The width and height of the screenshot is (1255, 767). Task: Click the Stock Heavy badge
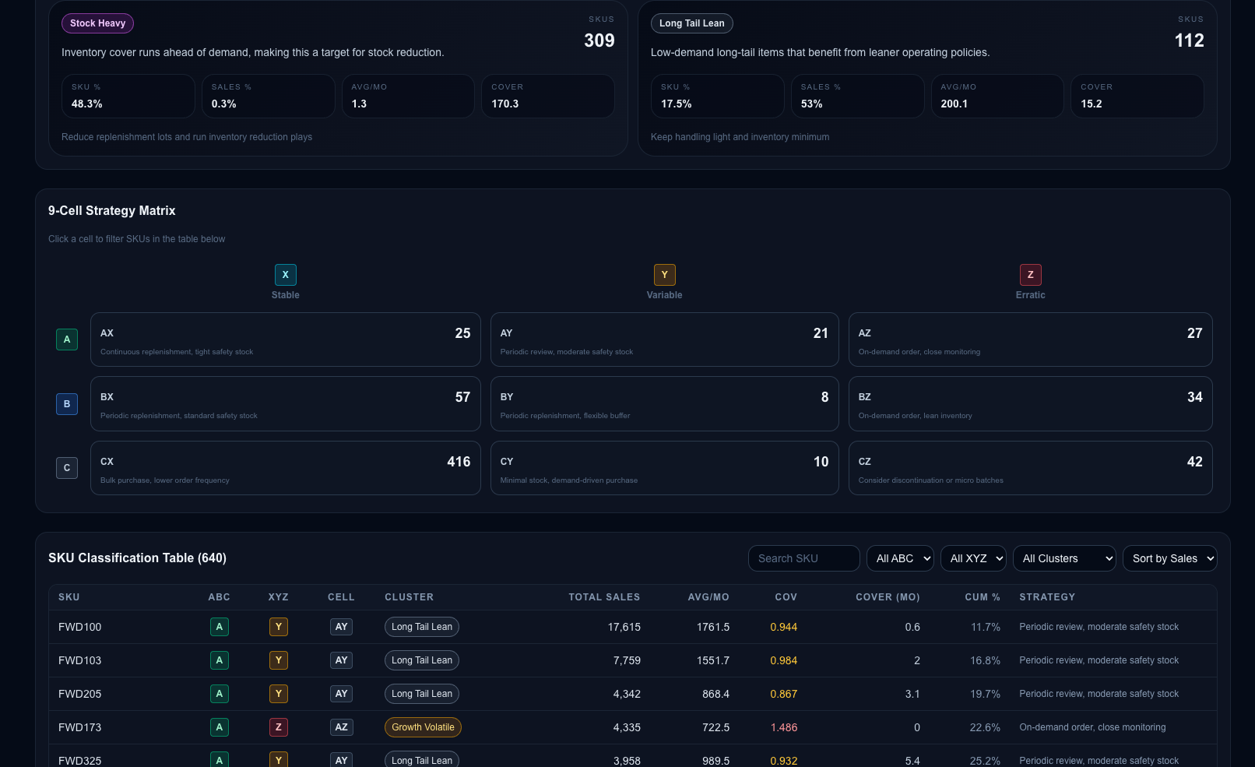tap(97, 23)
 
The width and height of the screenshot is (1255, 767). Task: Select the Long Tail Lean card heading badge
tap(692, 23)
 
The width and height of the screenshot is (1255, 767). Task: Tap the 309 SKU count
tap(599, 40)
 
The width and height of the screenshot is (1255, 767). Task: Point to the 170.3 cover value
tap(504, 104)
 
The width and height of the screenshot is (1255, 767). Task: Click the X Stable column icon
tap(285, 275)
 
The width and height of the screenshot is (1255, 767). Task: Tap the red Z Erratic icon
tap(1030, 275)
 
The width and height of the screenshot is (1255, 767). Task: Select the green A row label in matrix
tap(67, 340)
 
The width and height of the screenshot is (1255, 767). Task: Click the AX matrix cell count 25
tap(462, 333)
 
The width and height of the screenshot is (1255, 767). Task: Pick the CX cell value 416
tap(459, 462)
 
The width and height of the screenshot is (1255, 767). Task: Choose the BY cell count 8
tap(824, 397)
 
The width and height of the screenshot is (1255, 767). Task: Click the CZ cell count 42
tap(1194, 462)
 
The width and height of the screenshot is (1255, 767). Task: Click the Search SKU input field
tap(803, 558)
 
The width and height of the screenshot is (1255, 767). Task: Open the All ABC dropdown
tap(900, 558)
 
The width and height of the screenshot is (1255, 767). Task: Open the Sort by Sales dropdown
tap(1170, 558)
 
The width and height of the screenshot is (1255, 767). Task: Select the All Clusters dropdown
tap(1064, 558)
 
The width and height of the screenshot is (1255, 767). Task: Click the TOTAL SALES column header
tap(604, 597)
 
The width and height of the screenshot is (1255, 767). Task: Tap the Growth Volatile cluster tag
tap(423, 727)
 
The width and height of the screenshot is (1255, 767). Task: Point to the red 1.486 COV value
tap(783, 727)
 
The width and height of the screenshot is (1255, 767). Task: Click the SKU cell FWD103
tap(79, 660)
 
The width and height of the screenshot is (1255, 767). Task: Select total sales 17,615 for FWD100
tap(624, 627)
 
